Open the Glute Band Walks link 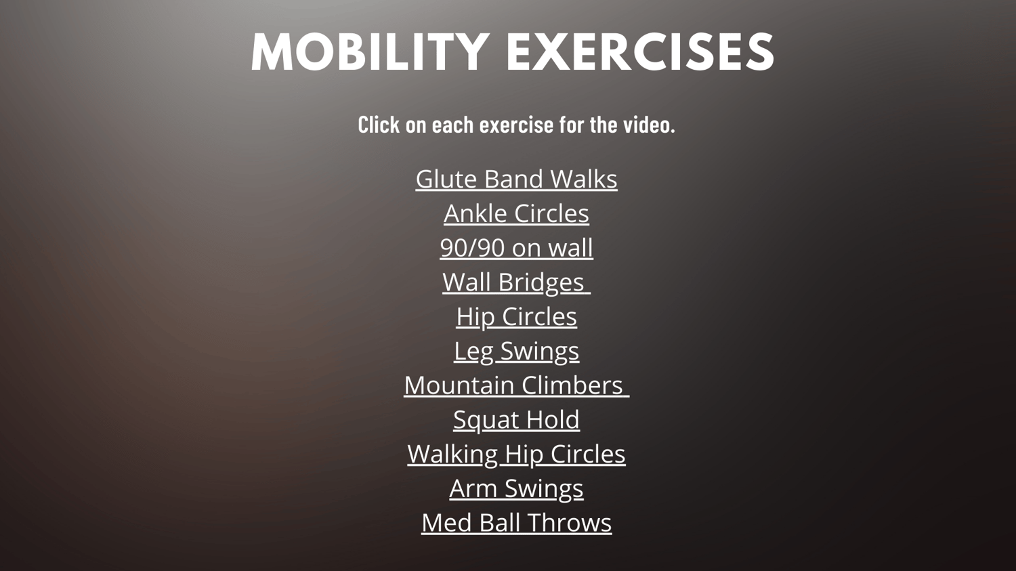coord(516,179)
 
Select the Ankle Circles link coord(516,213)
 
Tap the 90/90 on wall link coord(516,248)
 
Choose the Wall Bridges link coord(516,282)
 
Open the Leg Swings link coord(516,351)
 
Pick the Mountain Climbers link coord(516,385)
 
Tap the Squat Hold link coord(516,419)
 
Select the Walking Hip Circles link coord(516,454)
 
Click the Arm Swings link coord(516,488)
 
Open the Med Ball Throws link coord(516,522)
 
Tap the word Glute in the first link coord(447,179)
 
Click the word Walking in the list coord(452,454)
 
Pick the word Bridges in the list coord(541,282)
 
